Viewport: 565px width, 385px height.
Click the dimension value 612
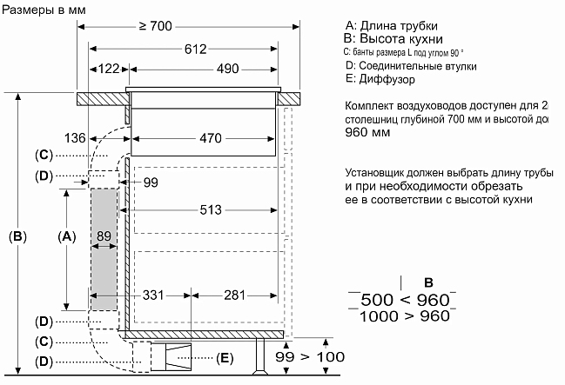196,49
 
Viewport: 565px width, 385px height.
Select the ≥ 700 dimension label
156,26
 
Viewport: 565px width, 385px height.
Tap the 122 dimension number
109,69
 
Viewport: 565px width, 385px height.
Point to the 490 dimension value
228,69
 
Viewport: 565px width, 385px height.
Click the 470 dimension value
211,138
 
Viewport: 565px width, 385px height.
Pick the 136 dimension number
75,138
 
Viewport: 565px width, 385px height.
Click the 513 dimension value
211,209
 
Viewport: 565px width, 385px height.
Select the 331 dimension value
153,295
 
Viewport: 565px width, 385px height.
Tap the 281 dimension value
234,295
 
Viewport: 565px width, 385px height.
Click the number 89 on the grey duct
104,236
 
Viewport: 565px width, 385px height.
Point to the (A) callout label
67,236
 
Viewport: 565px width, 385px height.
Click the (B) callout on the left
17,236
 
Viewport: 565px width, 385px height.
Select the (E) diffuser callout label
225,358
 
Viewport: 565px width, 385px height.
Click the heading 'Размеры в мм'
44,10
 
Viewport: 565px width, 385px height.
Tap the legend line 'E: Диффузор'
380,79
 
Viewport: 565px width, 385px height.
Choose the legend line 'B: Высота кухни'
393,38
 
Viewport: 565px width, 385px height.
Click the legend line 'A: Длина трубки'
392,25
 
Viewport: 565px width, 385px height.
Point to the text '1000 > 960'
405,316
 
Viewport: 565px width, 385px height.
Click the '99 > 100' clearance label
310,357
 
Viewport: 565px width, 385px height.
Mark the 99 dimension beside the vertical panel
151,183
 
